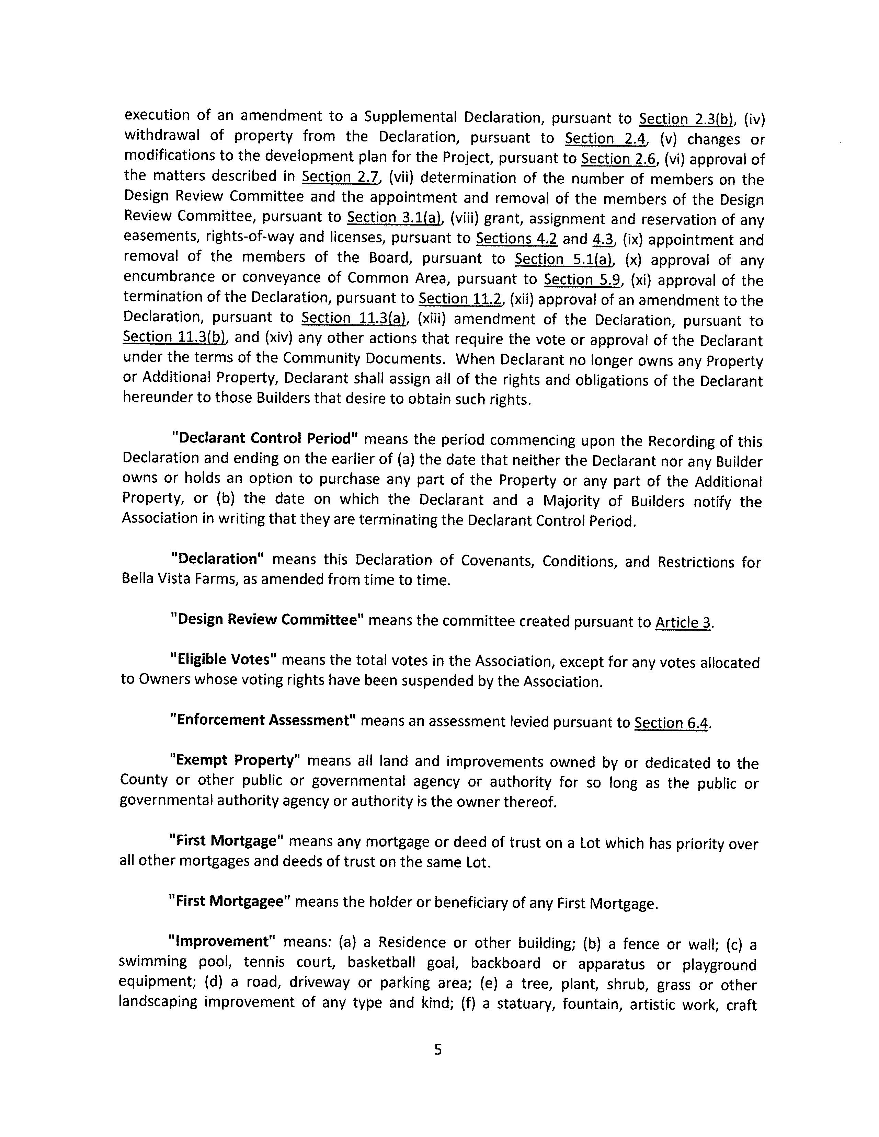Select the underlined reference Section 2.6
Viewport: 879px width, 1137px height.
coord(618,158)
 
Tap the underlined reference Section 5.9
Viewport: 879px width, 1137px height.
coord(583,279)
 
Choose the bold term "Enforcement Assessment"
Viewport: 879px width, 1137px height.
coord(263,721)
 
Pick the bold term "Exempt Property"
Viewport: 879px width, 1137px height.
coord(235,761)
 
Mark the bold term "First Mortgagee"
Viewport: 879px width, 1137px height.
coord(229,901)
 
